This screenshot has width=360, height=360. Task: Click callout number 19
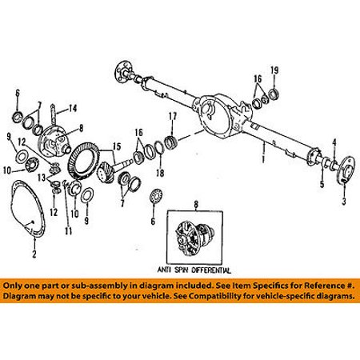tap(274, 70)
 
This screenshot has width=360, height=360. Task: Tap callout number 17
tap(173, 116)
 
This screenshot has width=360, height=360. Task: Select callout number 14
tap(73, 108)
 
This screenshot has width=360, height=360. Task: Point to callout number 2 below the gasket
tap(34, 254)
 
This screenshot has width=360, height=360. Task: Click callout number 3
tap(344, 201)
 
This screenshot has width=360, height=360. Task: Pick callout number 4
tap(334, 142)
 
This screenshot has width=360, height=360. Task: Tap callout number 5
tap(322, 184)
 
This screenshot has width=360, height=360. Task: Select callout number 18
tap(160, 173)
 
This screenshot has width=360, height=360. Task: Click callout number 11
tap(69, 230)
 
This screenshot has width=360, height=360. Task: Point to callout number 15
tap(117, 146)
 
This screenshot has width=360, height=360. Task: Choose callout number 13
tap(42, 178)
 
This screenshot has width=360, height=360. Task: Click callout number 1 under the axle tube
tap(263, 160)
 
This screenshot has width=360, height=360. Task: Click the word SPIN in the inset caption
tap(181, 270)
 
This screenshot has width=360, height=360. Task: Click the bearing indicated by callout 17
tap(170, 142)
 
